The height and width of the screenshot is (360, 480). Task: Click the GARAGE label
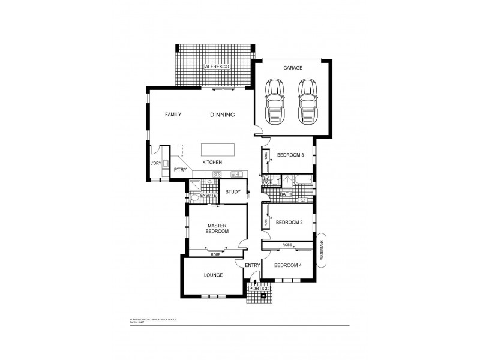[x=293, y=68]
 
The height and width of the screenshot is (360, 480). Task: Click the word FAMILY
[x=173, y=115]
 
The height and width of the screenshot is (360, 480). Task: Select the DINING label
[x=222, y=115]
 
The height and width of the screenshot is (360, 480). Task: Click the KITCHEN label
[x=212, y=163]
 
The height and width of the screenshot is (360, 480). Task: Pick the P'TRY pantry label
[x=179, y=170]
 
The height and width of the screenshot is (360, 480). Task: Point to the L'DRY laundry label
[x=155, y=163]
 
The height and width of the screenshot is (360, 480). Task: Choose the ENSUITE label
[x=208, y=196]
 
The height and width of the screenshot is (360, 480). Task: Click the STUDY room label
[x=233, y=192]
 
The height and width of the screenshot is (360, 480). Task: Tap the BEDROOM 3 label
[x=290, y=155]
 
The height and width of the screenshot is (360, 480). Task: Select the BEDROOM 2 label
[x=289, y=223]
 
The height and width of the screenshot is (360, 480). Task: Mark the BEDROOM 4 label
[x=288, y=265]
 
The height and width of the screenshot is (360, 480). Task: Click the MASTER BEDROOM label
[x=216, y=228]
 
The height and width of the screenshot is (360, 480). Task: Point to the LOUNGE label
[x=213, y=275]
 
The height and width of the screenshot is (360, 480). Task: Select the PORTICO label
[x=260, y=289]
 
